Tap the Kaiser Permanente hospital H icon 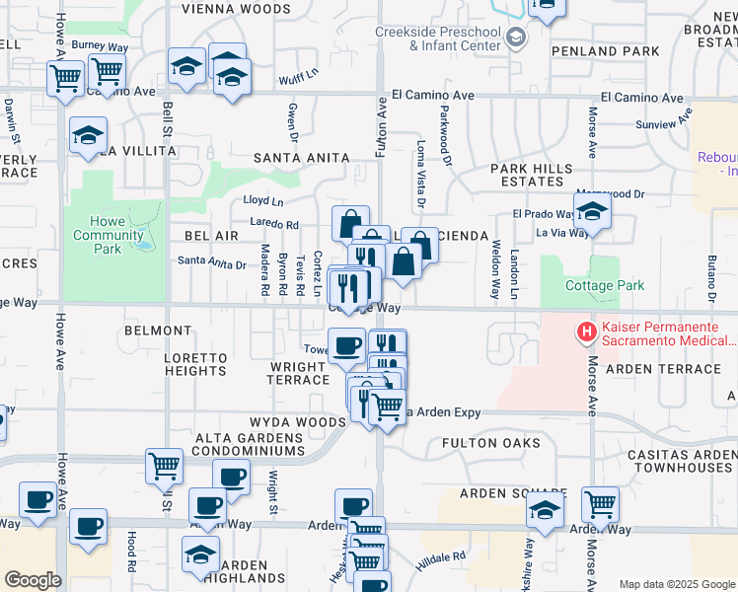[x=587, y=333]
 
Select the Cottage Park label [x=605, y=286]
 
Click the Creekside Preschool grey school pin [x=515, y=38]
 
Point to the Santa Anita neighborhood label [x=301, y=158]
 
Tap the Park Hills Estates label [x=532, y=176]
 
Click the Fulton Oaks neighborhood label [x=490, y=443]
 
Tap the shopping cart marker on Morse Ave [x=600, y=504]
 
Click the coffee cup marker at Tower [x=346, y=346]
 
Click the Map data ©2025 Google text [x=676, y=584]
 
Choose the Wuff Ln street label [x=297, y=72]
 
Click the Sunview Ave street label [x=660, y=124]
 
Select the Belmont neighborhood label [x=158, y=331]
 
